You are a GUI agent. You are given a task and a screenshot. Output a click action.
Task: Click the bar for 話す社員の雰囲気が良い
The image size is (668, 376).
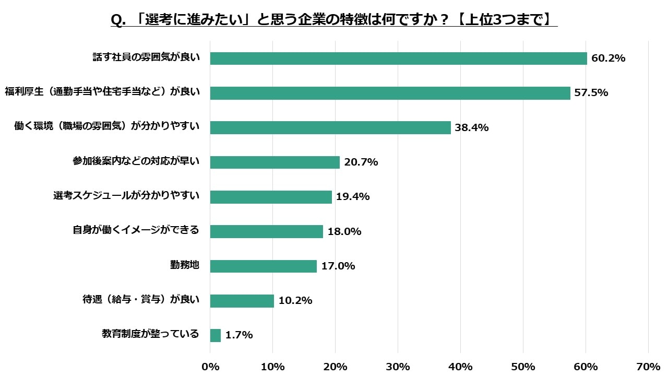(x=398, y=58)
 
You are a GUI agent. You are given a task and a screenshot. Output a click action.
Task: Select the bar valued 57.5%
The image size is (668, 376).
(x=390, y=93)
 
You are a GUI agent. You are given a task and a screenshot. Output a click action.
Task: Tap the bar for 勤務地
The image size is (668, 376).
(x=263, y=266)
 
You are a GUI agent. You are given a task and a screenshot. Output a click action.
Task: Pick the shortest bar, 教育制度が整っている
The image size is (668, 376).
(x=216, y=335)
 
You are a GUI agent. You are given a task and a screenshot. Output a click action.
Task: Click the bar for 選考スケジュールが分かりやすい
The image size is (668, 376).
(x=271, y=197)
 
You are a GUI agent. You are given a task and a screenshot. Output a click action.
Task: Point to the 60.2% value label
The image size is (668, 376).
(x=608, y=58)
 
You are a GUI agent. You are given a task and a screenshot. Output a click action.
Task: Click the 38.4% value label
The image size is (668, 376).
(x=471, y=127)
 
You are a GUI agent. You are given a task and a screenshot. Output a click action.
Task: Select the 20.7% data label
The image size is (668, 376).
(x=361, y=162)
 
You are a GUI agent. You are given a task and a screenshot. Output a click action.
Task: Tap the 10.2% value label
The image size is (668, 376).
(x=295, y=301)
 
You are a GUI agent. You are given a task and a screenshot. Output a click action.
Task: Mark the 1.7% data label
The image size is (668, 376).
(x=239, y=335)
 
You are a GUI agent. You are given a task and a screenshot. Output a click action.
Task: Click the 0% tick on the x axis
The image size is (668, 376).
(x=210, y=366)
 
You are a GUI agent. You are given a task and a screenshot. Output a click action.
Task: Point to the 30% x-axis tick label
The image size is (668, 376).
(x=398, y=366)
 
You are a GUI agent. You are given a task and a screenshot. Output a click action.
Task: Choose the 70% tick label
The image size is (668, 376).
(x=648, y=366)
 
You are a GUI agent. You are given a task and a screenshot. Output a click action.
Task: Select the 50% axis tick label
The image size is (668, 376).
(x=523, y=366)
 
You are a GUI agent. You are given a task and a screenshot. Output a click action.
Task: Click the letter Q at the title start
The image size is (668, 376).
(x=116, y=20)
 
